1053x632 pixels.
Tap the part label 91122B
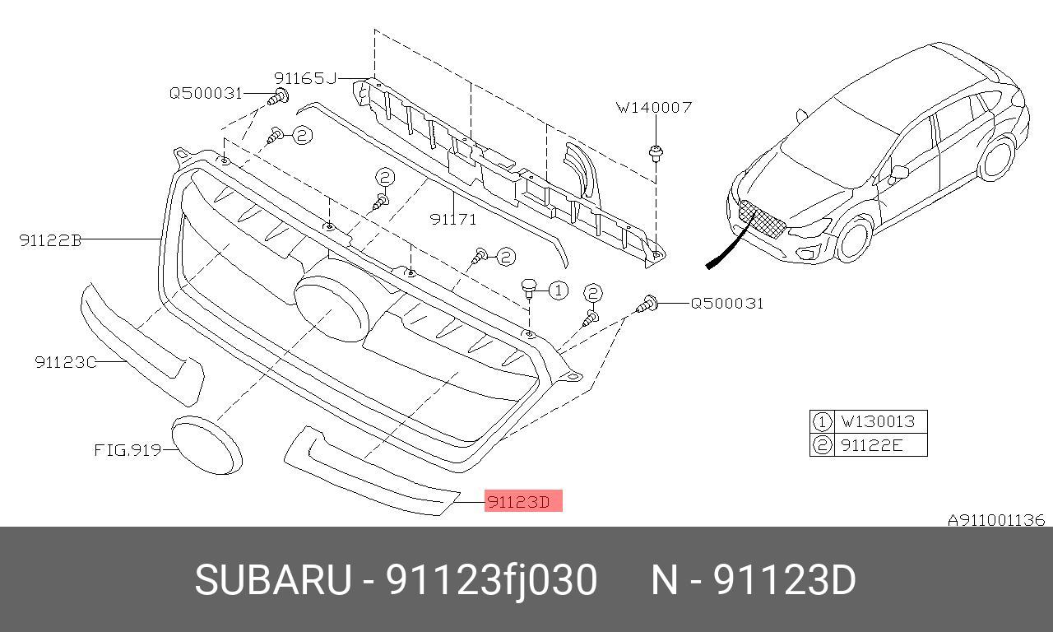tap(50, 240)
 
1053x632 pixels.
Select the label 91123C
tap(65, 362)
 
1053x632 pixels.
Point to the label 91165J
tap(305, 78)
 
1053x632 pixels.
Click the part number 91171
tap(453, 219)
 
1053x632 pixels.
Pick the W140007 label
tap(654, 107)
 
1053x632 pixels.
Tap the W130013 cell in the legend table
tap(877, 421)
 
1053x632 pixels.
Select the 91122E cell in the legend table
tap(871, 445)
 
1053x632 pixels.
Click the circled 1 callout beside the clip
tap(558, 290)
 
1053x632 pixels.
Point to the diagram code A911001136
tap(995, 520)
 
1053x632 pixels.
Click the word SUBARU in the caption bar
tap(272, 580)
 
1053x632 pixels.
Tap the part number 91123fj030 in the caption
tap(492, 580)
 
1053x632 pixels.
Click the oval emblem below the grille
tap(206, 444)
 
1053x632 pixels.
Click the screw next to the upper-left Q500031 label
tap(276, 97)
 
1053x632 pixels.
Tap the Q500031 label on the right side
tap(726, 303)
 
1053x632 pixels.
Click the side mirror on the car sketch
tap(899, 172)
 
